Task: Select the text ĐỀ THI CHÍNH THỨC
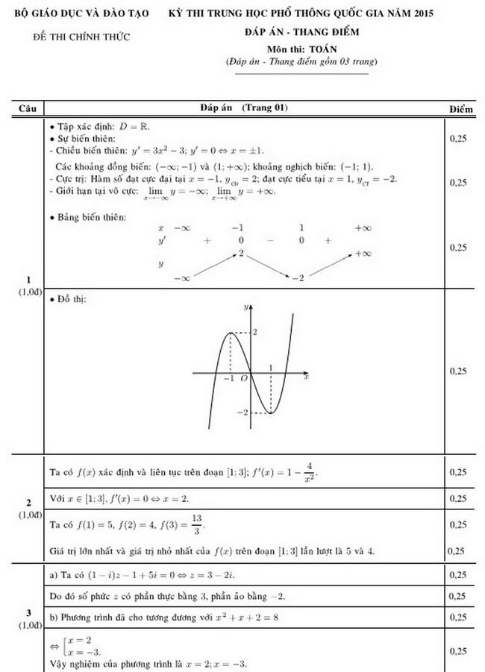(x=82, y=37)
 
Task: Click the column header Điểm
(x=461, y=109)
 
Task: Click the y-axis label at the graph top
(x=245, y=307)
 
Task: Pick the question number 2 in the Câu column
(x=28, y=501)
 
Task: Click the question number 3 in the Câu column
(x=28, y=613)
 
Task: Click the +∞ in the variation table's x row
(x=363, y=227)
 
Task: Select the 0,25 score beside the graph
(x=460, y=371)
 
